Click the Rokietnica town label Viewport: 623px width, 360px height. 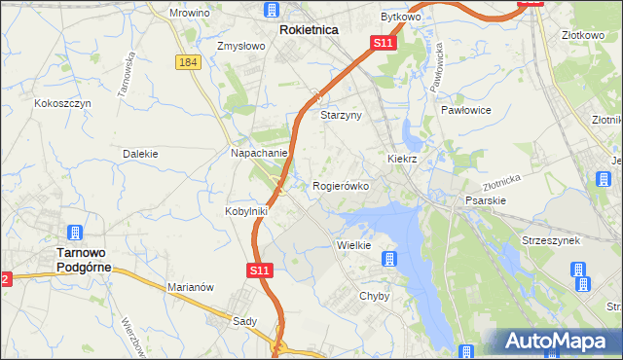coord(309,30)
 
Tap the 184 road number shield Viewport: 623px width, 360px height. coord(189,61)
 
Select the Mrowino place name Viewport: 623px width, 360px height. coord(190,13)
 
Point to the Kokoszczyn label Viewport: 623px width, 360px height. coord(62,102)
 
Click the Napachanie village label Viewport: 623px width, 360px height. coord(258,154)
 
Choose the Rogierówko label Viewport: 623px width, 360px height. coord(340,185)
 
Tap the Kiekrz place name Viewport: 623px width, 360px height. coord(402,158)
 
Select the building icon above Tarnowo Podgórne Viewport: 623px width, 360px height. coord(75,234)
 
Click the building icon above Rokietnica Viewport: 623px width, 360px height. coord(271,11)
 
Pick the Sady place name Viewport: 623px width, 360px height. coord(244,320)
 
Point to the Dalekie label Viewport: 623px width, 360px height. coord(140,154)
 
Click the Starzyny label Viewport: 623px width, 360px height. coord(342,115)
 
